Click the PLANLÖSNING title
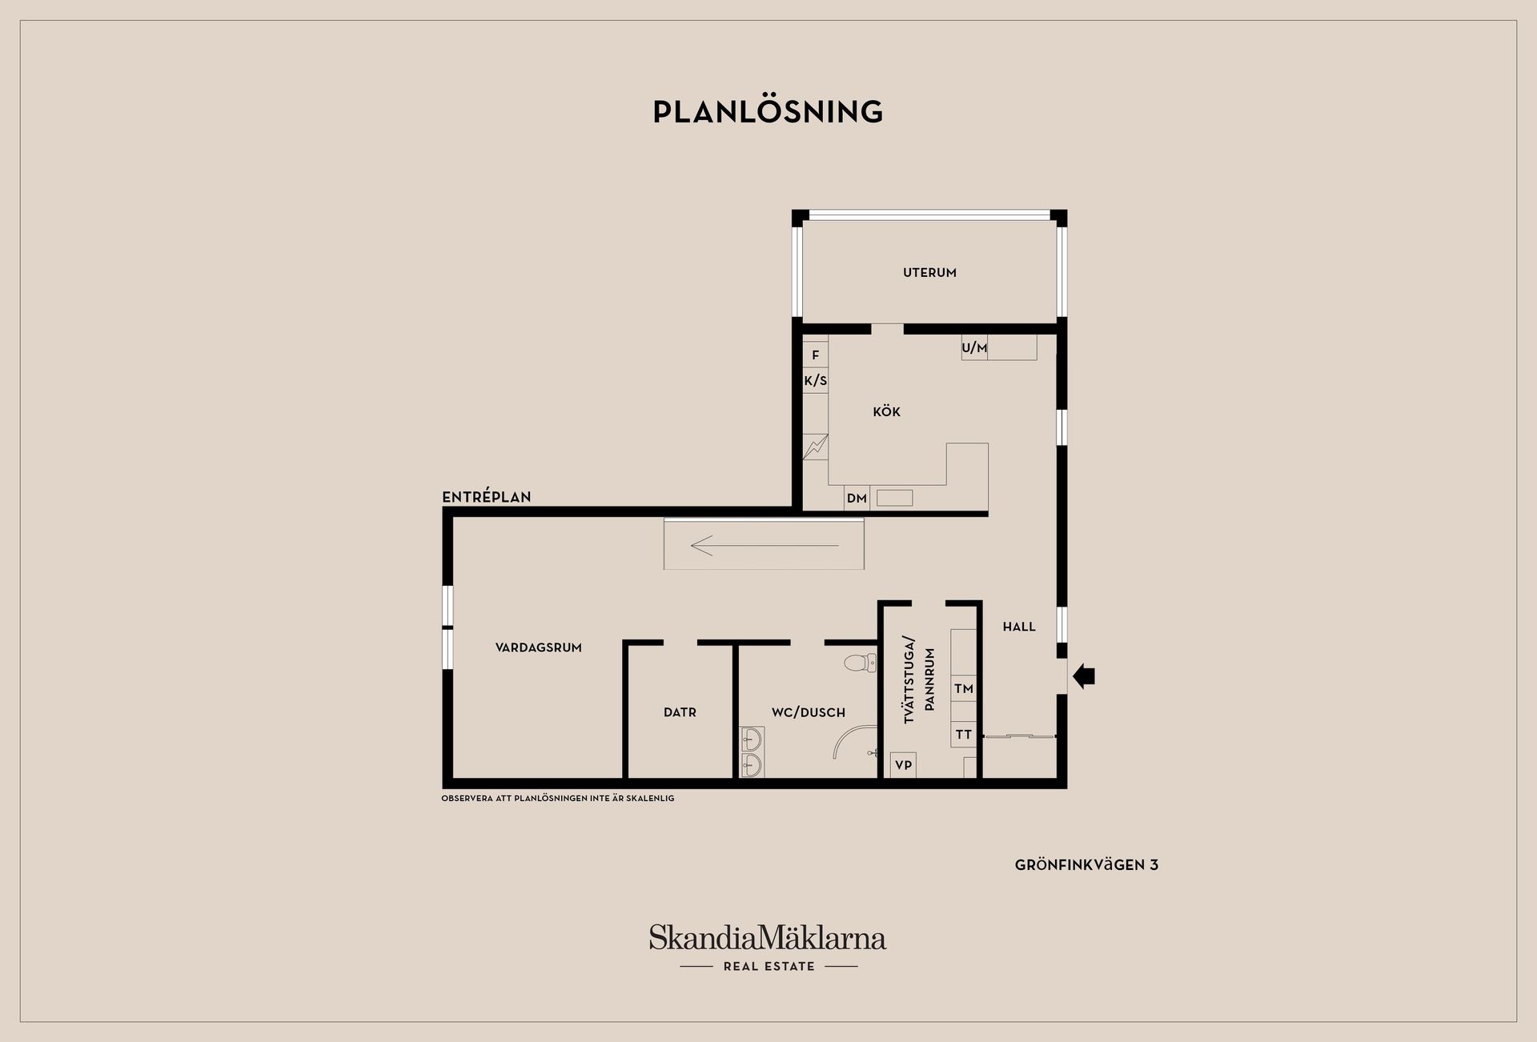[768, 112]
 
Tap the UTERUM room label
[929, 273]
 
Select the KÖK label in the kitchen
[886, 412]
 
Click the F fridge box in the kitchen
[816, 355]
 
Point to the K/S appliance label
[816, 381]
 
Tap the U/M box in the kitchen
[974, 348]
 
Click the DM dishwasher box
[857, 499]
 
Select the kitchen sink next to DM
[894, 498]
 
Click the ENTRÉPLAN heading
[487, 497]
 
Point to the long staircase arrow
[764, 546]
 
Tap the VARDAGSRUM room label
[538, 648]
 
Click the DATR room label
[680, 712]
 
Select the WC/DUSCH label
[808, 712]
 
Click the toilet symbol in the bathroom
[860, 663]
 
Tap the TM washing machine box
[964, 689]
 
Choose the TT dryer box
[964, 735]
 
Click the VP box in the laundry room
[903, 765]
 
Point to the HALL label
[1019, 627]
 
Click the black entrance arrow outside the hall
[1084, 677]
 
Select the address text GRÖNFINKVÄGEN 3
[1086, 865]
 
